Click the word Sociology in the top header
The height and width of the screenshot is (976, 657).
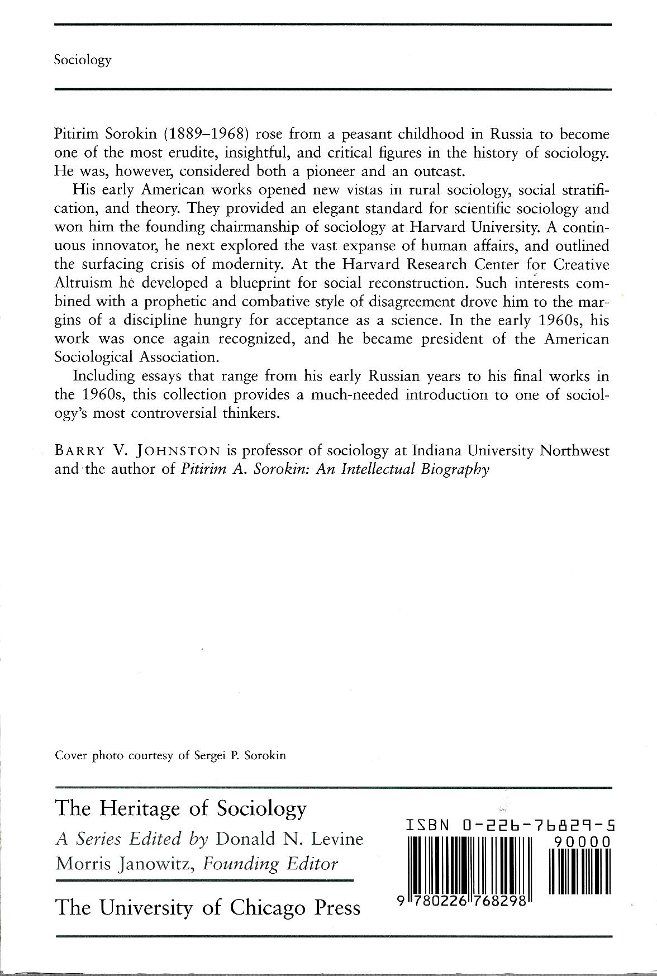(83, 60)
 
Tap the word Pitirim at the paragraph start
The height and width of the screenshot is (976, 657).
(76, 135)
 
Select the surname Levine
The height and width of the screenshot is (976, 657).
(336, 839)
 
